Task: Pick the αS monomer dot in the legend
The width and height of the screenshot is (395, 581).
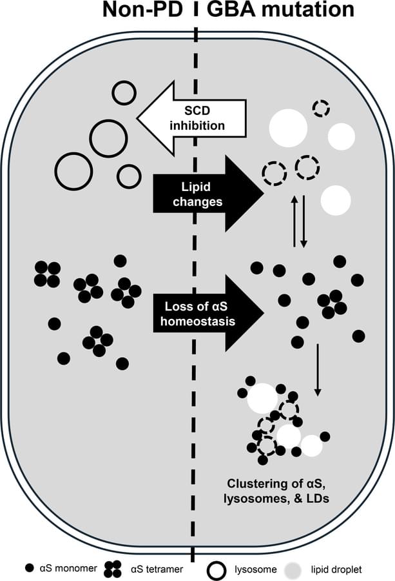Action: point(28,569)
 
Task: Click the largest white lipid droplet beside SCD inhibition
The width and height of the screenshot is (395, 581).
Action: point(287,128)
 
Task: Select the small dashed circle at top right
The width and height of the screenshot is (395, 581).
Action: point(320,108)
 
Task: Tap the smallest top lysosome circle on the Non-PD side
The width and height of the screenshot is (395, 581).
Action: point(124,93)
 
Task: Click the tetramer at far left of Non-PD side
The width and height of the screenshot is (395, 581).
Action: point(47,274)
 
